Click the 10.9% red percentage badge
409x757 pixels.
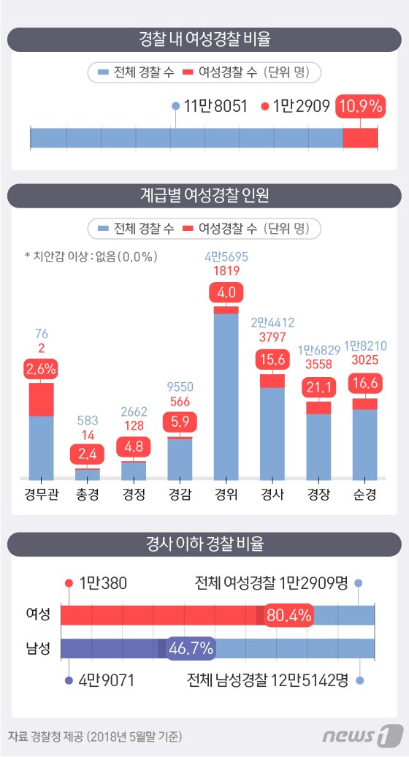(x=360, y=107)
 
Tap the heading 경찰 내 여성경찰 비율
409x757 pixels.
(x=204, y=39)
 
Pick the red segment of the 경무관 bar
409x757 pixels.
(x=41, y=399)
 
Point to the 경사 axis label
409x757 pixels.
(x=272, y=494)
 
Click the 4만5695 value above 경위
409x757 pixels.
(x=226, y=257)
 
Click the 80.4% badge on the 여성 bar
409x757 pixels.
(x=289, y=615)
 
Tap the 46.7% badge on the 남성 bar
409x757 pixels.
(x=191, y=648)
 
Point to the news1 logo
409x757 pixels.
(x=370, y=734)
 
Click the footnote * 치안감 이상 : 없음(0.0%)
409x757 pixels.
(x=91, y=256)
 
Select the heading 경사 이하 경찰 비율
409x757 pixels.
(x=204, y=544)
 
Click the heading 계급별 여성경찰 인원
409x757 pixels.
(x=204, y=195)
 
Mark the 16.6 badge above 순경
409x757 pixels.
(x=364, y=382)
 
